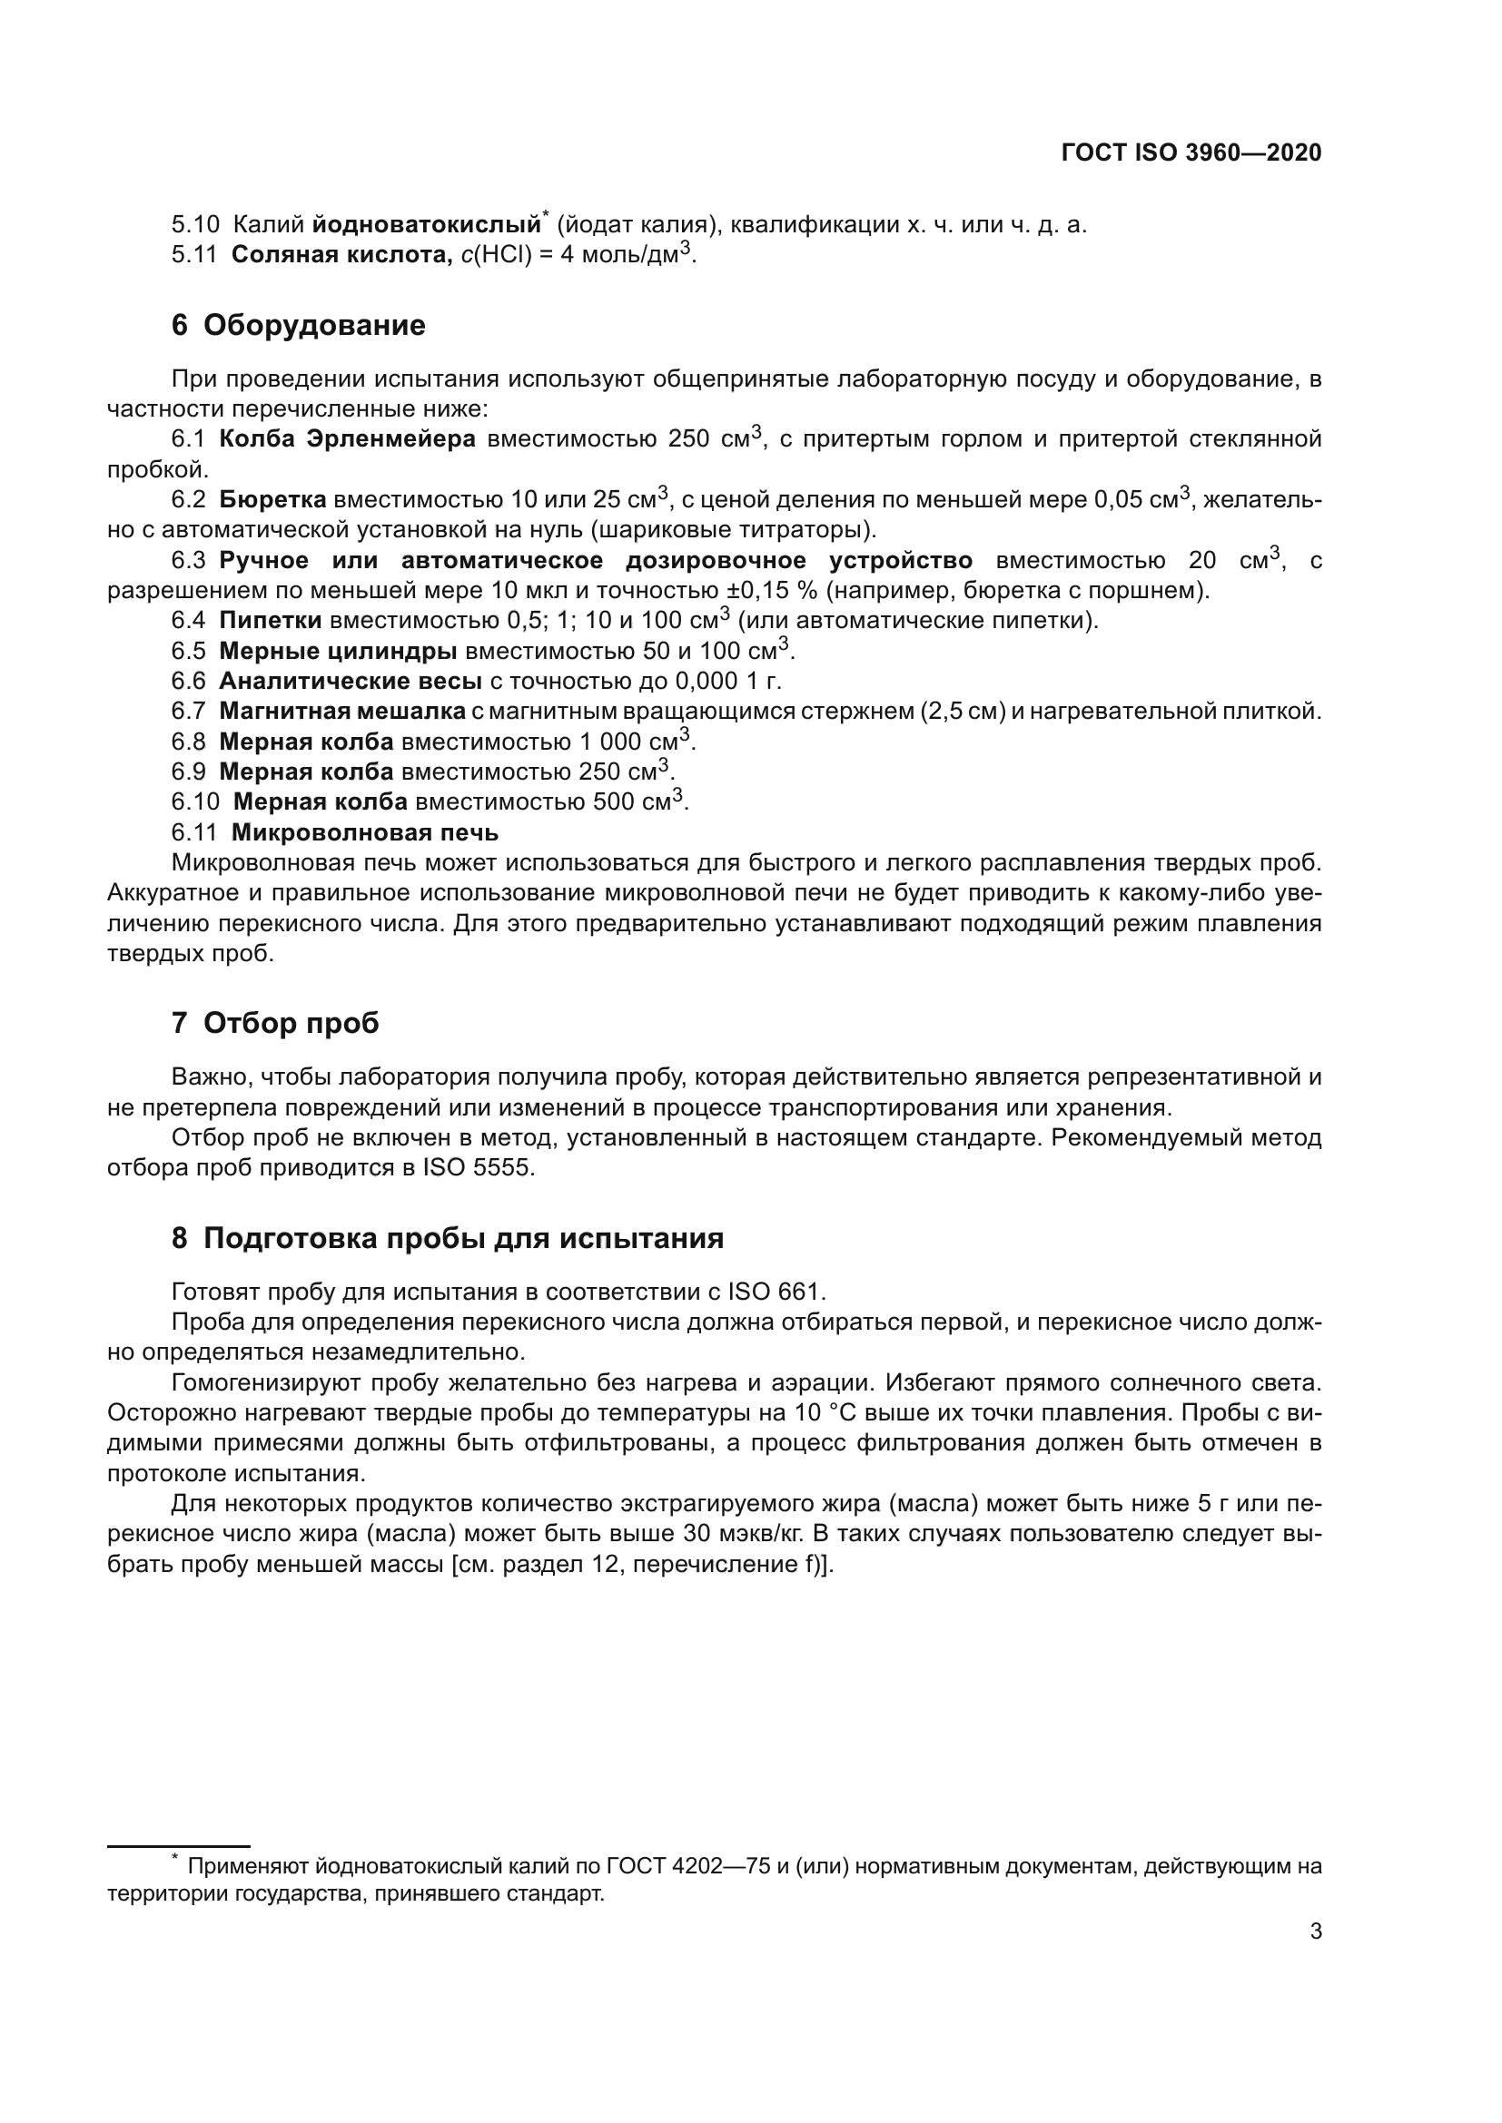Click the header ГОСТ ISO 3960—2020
(x=1191, y=152)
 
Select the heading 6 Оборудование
(x=298, y=326)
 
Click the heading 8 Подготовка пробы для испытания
(x=447, y=1238)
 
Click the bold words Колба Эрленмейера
(x=347, y=439)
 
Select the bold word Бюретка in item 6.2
(x=272, y=500)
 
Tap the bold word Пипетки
(x=270, y=621)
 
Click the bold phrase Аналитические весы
(x=351, y=682)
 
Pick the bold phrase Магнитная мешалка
(x=342, y=711)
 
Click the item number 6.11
(x=193, y=833)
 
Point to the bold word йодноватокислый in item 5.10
(x=427, y=225)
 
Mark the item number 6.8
(x=188, y=742)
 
